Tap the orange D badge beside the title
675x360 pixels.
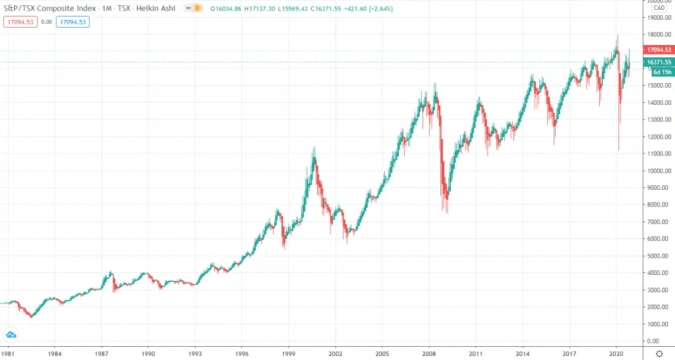(x=197, y=7)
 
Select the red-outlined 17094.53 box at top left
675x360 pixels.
(x=20, y=21)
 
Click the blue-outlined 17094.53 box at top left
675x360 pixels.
(x=73, y=21)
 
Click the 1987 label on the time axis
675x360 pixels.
(x=101, y=353)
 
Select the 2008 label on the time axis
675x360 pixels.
(x=429, y=353)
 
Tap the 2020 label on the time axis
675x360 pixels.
(x=616, y=353)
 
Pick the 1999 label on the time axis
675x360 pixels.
(x=289, y=353)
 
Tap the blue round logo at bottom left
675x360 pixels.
(x=11, y=334)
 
